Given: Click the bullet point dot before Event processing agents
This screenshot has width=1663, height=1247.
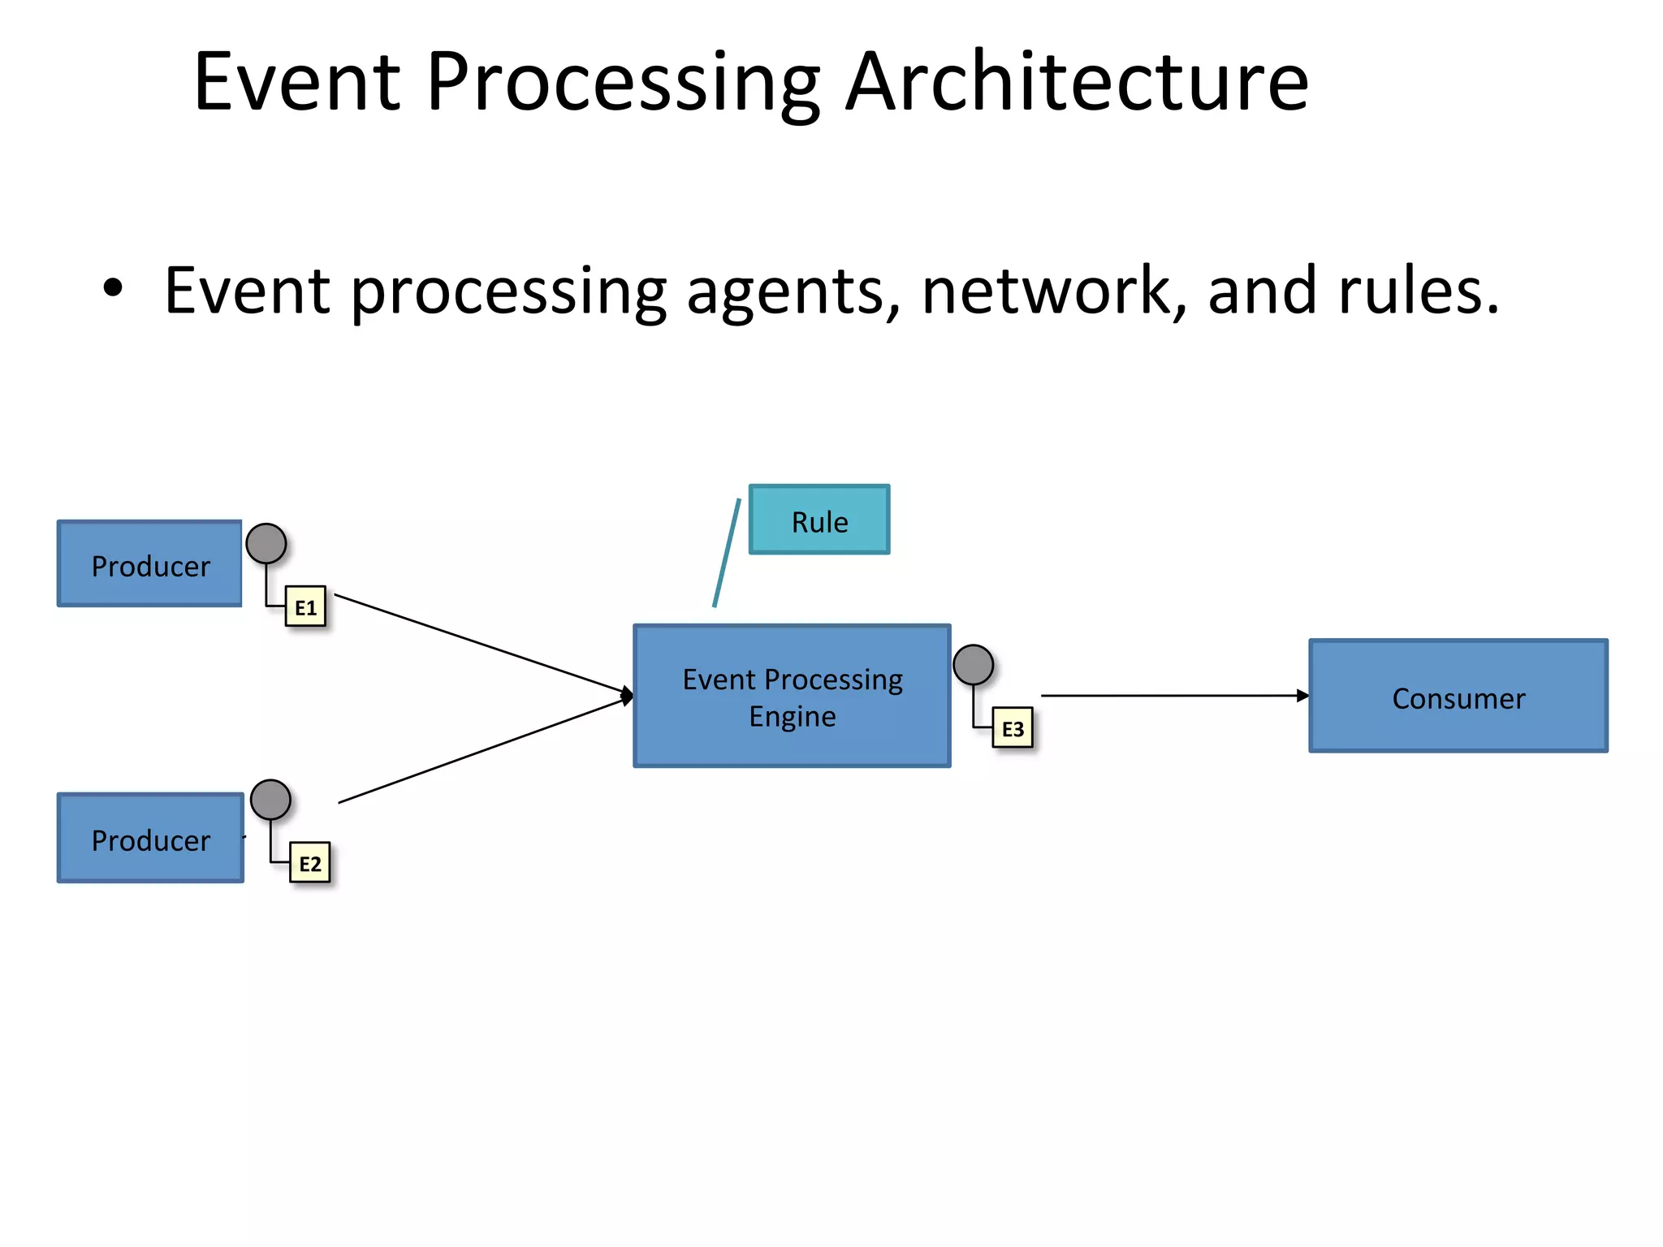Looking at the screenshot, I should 113,287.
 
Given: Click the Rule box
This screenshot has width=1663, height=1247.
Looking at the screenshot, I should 819,520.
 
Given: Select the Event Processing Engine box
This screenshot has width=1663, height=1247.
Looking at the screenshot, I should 792,696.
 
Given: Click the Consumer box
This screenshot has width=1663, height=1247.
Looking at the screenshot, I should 1458,697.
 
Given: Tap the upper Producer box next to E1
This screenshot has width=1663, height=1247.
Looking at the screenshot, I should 149,564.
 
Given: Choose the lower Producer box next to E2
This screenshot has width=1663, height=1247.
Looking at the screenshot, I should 150,838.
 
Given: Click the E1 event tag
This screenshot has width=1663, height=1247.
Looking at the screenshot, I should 305,606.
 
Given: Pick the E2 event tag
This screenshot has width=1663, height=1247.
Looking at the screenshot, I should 310,862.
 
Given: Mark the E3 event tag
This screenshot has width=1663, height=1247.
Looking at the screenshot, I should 1012,728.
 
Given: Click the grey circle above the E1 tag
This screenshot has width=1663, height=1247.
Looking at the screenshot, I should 266,544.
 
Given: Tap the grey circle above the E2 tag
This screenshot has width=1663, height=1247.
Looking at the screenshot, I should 270,800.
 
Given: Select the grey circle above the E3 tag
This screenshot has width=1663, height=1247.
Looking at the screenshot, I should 973,665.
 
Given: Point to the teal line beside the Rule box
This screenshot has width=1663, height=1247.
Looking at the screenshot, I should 727,553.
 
